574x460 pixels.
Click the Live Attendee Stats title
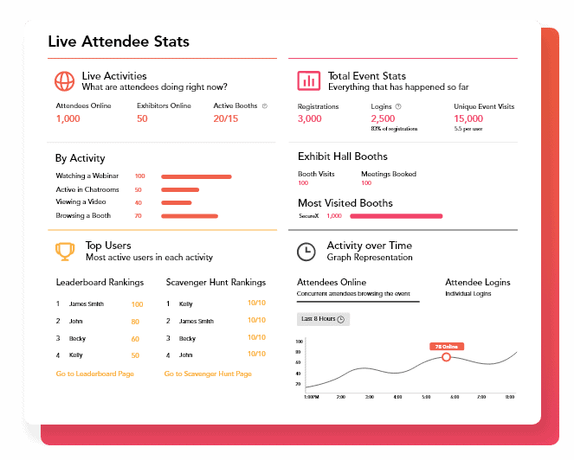click(119, 42)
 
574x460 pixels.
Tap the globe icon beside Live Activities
click(64, 81)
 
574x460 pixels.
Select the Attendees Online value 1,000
click(68, 118)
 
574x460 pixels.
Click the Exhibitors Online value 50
click(142, 118)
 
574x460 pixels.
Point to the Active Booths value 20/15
click(225, 118)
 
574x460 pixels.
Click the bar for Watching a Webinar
click(196, 176)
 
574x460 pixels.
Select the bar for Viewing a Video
click(177, 202)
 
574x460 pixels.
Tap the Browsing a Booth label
click(83, 215)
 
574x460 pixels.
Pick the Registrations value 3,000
click(309, 118)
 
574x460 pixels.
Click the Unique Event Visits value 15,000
click(468, 118)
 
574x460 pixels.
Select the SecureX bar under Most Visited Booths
click(396, 215)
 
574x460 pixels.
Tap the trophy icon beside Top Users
click(64, 251)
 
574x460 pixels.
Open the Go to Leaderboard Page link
click(94, 374)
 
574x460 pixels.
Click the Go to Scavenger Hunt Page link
click(208, 374)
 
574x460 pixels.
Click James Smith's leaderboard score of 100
click(137, 304)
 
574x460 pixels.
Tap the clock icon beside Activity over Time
click(306, 251)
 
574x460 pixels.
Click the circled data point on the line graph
click(446, 356)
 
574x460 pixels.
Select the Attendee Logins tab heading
click(477, 282)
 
